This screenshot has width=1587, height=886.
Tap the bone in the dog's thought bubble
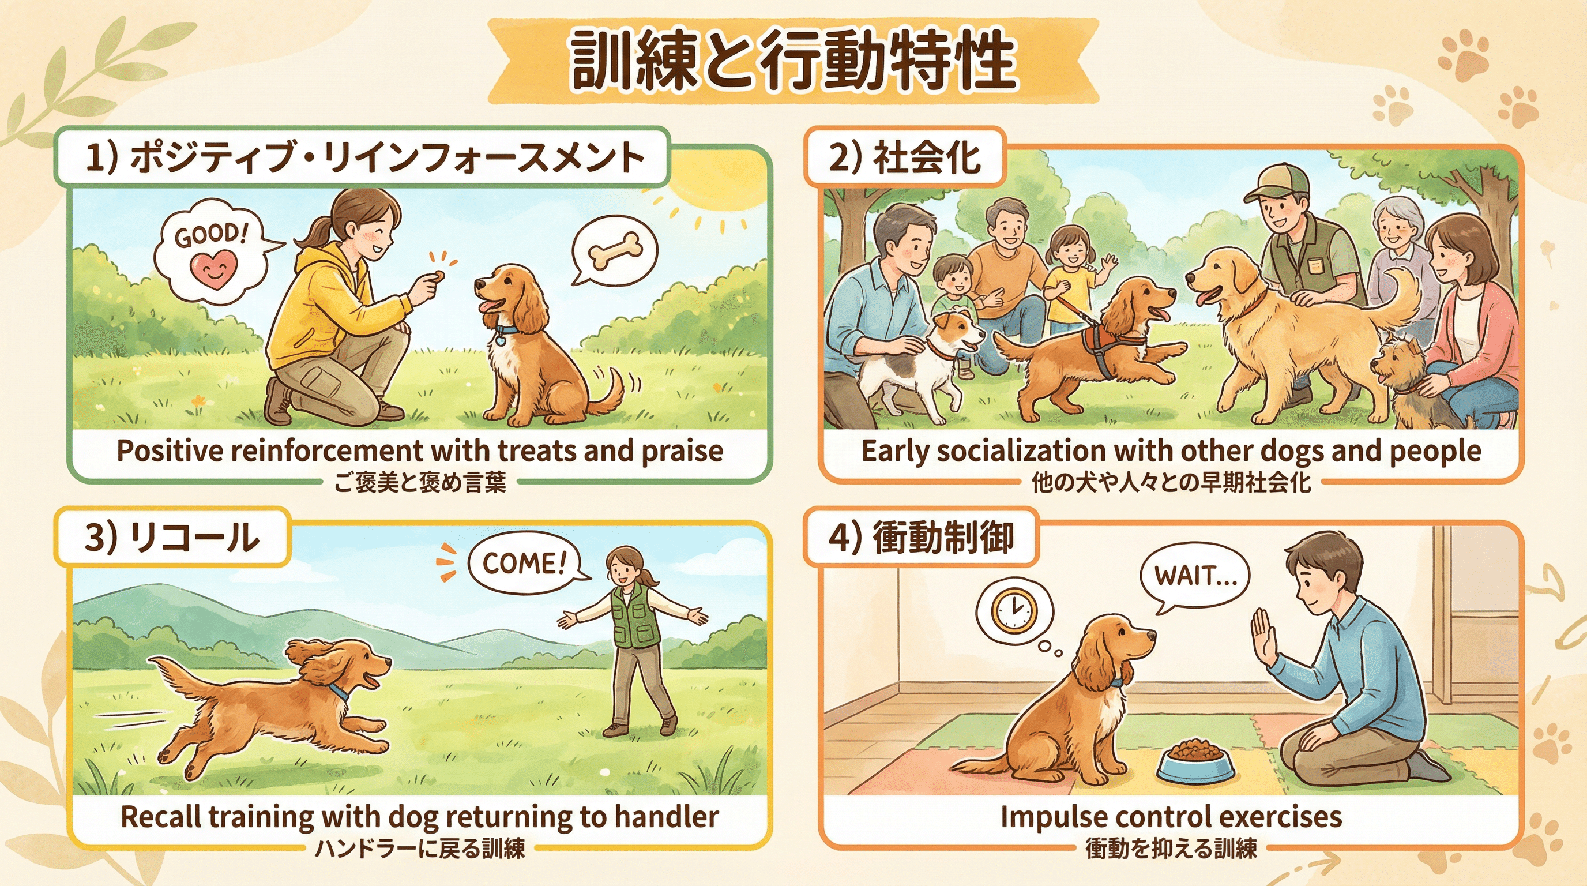coord(615,252)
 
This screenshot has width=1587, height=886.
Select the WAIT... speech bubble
coord(1193,577)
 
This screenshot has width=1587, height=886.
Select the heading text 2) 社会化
coord(904,157)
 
